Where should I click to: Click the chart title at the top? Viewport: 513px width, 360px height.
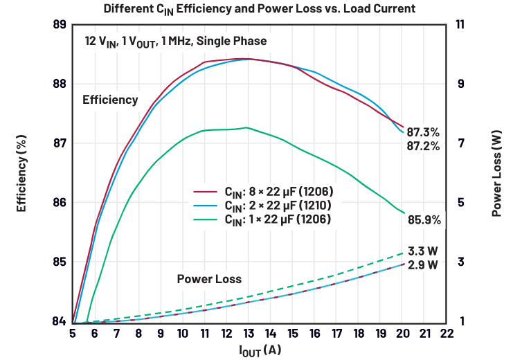260,9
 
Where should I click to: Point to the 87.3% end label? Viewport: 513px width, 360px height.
423,132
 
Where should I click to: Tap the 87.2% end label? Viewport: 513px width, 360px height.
423,146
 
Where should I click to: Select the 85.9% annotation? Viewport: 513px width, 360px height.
424,220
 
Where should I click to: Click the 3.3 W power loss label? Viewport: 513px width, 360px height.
423,251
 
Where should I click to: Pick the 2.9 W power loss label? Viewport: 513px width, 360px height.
423,264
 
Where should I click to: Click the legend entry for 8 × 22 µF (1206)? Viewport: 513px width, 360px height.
263,192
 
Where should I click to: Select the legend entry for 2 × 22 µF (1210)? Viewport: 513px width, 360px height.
262,206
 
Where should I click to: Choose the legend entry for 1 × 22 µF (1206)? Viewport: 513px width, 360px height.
262,219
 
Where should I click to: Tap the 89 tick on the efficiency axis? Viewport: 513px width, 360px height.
60,24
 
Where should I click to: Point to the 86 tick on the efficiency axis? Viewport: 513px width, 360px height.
60,203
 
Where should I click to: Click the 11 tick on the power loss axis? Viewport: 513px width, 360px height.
460,24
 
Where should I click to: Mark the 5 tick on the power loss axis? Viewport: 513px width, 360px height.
460,203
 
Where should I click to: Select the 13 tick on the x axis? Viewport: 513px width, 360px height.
249,334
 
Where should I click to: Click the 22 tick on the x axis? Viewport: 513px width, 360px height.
447,334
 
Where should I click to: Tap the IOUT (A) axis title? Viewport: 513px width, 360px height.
260,350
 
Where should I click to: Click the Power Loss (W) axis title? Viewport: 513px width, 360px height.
496,173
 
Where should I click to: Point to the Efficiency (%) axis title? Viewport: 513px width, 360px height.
21,173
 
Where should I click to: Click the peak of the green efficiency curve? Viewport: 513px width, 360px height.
246,127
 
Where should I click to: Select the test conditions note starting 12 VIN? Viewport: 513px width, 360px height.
176,42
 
